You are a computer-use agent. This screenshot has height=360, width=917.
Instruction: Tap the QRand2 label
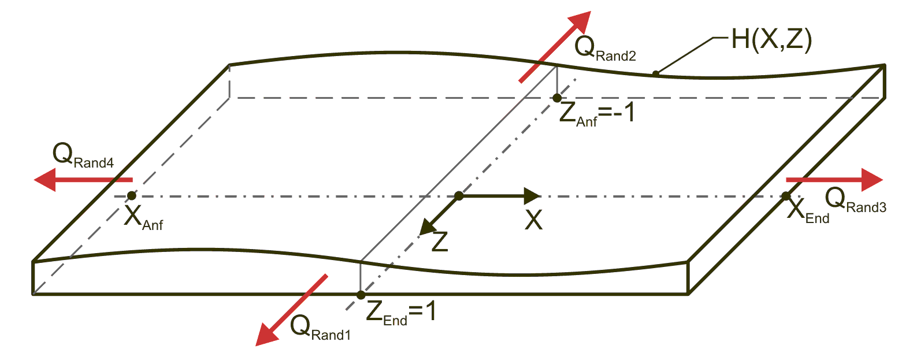tap(605, 49)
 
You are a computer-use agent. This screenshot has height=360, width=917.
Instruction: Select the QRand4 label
tap(83, 156)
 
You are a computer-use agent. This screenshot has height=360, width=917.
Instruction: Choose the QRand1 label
tap(321, 328)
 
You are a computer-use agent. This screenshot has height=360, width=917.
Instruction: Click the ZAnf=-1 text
tap(597, 113)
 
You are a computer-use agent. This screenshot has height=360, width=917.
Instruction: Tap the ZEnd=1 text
tap(401, 313)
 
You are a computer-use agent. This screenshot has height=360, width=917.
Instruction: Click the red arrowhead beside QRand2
tap(580, 22)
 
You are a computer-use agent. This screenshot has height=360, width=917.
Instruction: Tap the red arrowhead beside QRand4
tap(44, 180)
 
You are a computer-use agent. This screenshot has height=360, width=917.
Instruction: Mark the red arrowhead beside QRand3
tap(872, 180)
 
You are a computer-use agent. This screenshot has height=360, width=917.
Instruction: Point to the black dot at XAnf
tap(131, 196)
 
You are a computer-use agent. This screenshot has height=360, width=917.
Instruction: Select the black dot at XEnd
tap(786, 196)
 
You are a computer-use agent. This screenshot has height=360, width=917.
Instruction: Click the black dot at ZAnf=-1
tap(557, 98)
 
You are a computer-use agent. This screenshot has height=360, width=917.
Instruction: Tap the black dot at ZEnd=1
tap(361, 295)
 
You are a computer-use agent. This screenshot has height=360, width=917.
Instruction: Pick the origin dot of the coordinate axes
tap(459, 196)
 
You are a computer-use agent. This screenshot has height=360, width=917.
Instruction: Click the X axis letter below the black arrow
tap(534, 220)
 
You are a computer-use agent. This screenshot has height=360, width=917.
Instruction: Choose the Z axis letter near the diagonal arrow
tap(440, 242)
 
